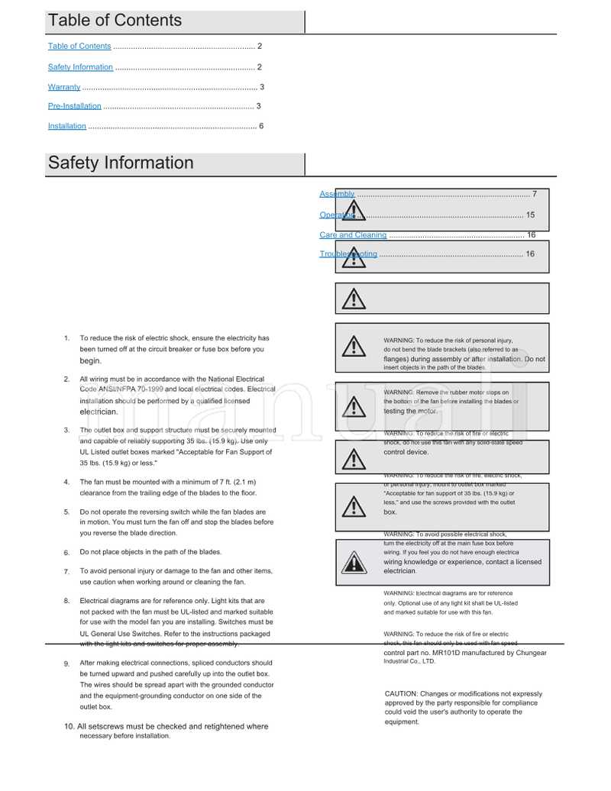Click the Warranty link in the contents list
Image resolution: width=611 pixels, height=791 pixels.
[64, 87]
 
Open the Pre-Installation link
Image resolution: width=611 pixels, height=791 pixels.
[74, 106]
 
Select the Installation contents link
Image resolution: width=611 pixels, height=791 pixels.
[67, 126]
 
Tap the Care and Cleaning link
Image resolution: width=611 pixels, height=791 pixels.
[353, 235]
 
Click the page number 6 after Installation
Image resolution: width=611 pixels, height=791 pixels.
[261, 126]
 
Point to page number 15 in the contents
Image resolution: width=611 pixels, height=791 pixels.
[530, 215]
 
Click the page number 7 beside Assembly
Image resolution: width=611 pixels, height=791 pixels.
[535, 194]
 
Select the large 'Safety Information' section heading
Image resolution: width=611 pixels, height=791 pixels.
[121, 163]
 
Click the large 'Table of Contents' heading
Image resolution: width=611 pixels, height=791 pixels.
[115, 21]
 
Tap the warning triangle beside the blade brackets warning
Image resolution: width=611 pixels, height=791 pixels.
[353, 347]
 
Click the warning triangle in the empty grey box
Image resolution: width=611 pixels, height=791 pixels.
[353, 299]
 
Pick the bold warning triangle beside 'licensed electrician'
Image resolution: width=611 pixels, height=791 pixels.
[353, 563]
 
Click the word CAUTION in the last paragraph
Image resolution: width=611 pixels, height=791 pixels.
[401, 693]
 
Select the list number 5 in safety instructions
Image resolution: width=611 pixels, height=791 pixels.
[66, 512]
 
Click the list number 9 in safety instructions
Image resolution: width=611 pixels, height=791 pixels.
[66, 664]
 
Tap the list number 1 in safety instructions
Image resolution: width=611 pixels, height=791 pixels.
[66, 338]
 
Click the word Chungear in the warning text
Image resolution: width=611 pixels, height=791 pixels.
[531, 653]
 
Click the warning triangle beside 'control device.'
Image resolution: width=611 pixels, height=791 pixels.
[353, 458]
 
